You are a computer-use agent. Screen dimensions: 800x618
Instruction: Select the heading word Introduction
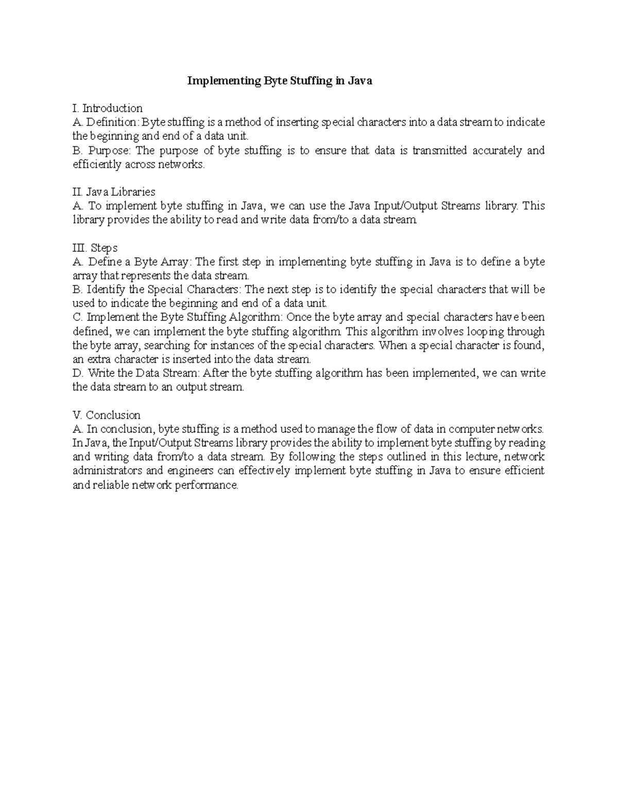(x=112, y=108)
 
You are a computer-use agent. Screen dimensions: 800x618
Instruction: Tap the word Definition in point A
(x=112, y=122)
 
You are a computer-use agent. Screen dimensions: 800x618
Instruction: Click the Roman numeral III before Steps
(x=79, y=248)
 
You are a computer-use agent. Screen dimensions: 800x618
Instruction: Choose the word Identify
(x=106, y=290)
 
